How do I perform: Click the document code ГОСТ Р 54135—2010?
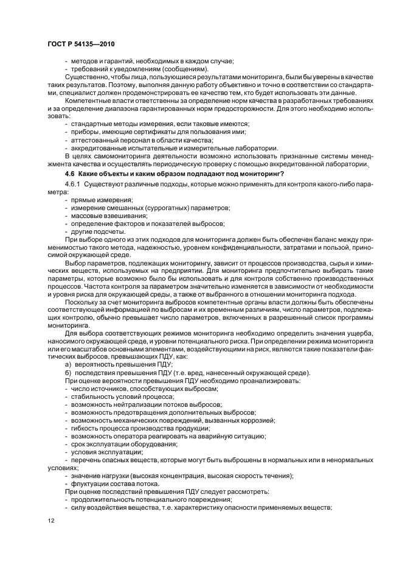click(x=80, y=45)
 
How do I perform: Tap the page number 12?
click(x=50, y=520)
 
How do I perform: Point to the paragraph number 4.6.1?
click(x=72, y=184)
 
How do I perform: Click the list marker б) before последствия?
click(x=68, y=373)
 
